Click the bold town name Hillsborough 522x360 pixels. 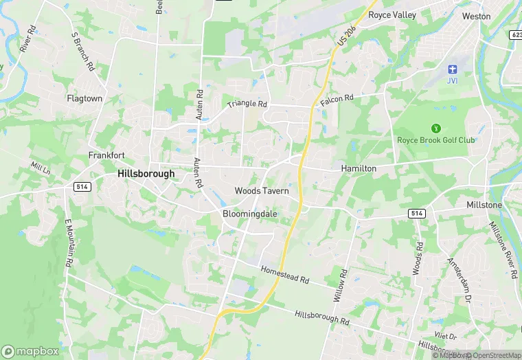tap(146, 174)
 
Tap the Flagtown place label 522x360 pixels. tap(84, 98)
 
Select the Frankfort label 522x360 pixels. tap(106, 155)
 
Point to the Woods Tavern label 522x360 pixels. tap(262, 190)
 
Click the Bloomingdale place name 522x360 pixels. tap(250, 214)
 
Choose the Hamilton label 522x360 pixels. tap(359, 168)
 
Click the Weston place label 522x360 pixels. tap(476, 16)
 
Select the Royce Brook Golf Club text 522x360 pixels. tap(436, 140)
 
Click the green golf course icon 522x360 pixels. tap(435, 128)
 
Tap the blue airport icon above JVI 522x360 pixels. tap(452, 69)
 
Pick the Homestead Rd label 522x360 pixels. tap(286, 275)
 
